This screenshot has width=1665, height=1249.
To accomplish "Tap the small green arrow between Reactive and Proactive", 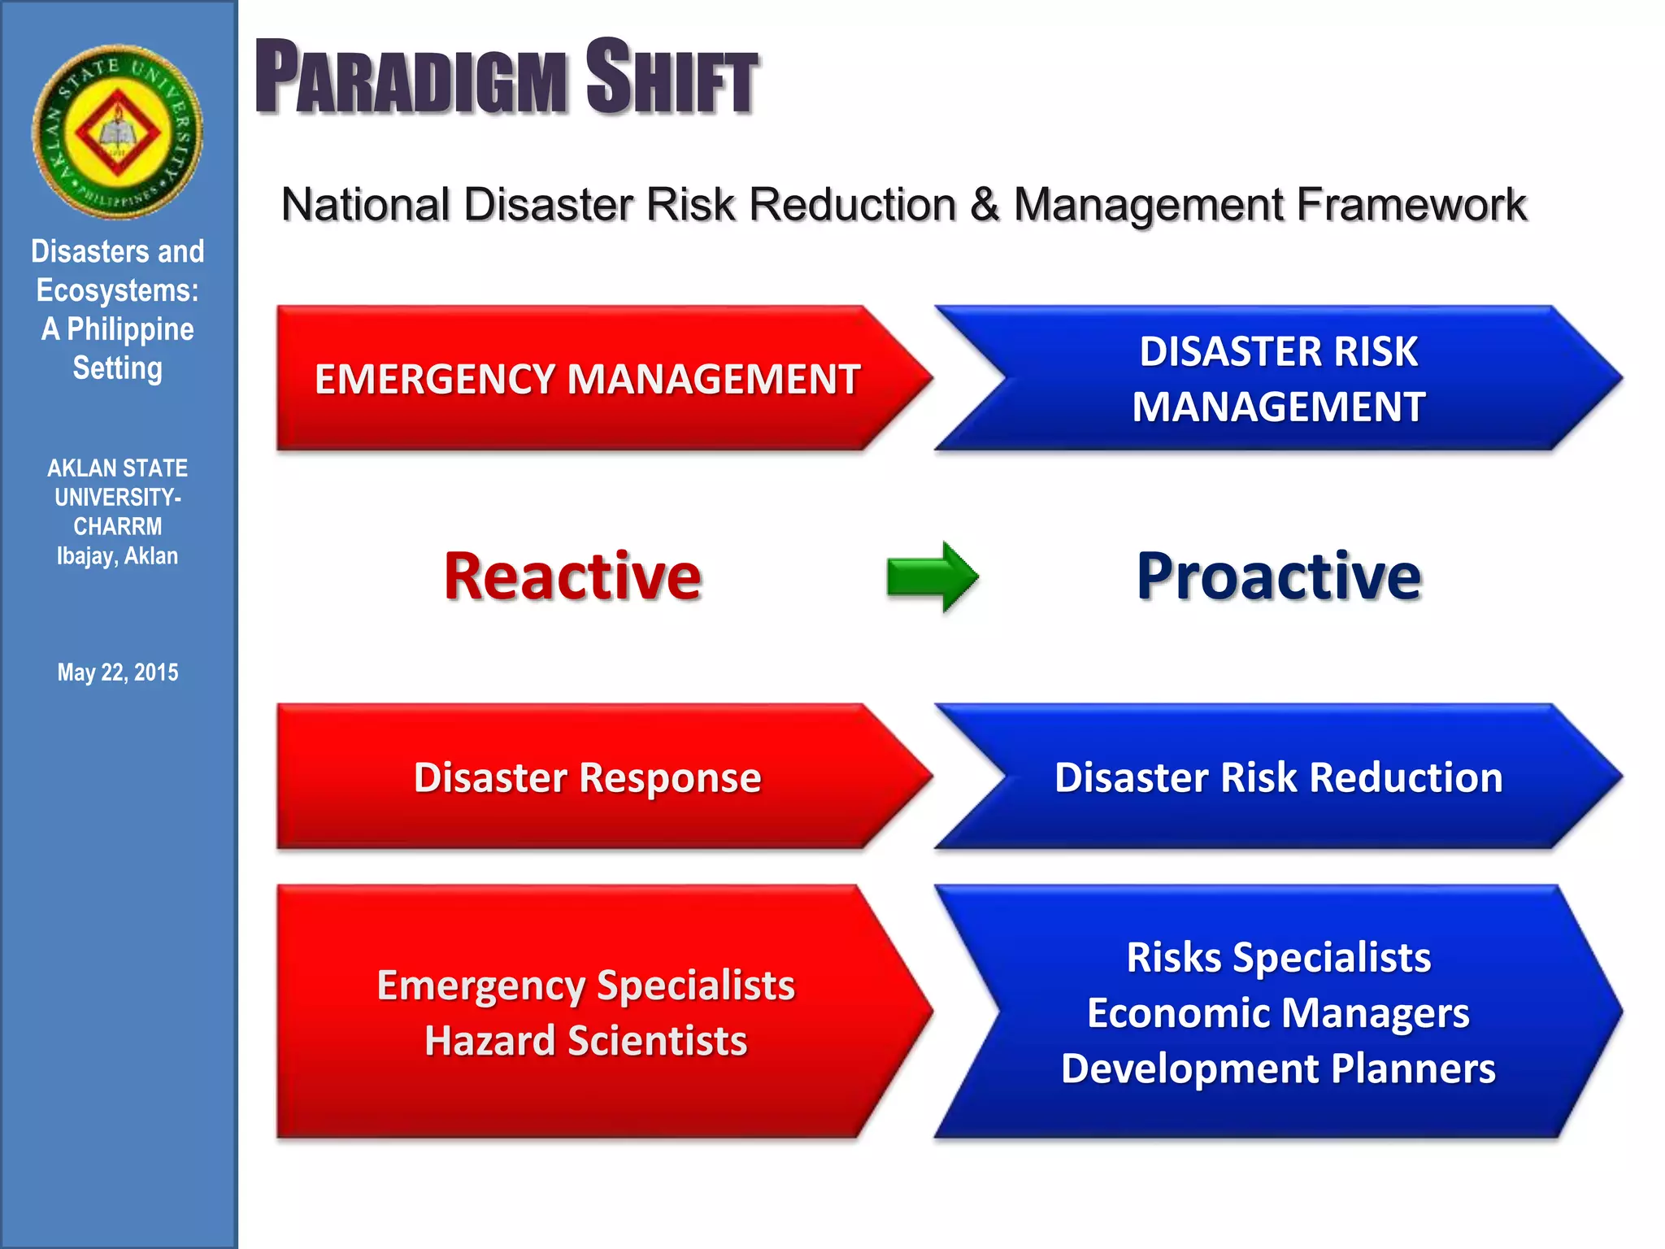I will [x=932, y=577].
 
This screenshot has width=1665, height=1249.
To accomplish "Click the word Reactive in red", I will [x=572, y=577].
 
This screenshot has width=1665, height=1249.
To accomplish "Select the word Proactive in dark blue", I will [x=1279, y=577].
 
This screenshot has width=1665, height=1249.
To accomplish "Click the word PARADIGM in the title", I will [x=411, y=78].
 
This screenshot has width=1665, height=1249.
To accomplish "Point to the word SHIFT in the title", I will [x=672, y=78].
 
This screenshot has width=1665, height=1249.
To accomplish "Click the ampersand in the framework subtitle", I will [x=985, y=204].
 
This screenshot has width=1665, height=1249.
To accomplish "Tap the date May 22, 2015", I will [x=118, y=672].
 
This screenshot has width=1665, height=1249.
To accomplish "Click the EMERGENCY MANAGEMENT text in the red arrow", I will [x=587, y=380].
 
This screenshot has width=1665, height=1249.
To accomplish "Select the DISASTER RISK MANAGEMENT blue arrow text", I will [x=1278, y=379].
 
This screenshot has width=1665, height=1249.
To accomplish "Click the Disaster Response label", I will [x=587, y=777].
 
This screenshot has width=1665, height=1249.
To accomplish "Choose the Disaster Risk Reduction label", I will [x=1278, y=777].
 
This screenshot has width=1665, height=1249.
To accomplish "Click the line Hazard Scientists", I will [x=585, y=1041].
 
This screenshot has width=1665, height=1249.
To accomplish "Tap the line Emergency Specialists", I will [x=585, y=986].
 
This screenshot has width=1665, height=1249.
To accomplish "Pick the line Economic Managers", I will [x=1278, y=1013].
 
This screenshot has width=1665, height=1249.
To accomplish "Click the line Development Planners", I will [x=1278, y=1068].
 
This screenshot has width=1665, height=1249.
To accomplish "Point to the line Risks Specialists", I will [x=1278, y=958].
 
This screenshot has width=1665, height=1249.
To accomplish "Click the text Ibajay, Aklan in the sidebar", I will [x=118, y=556].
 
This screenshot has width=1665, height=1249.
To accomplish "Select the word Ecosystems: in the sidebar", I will [x=118, y=290].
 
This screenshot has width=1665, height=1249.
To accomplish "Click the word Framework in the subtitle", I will [x=1411, y=204].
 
